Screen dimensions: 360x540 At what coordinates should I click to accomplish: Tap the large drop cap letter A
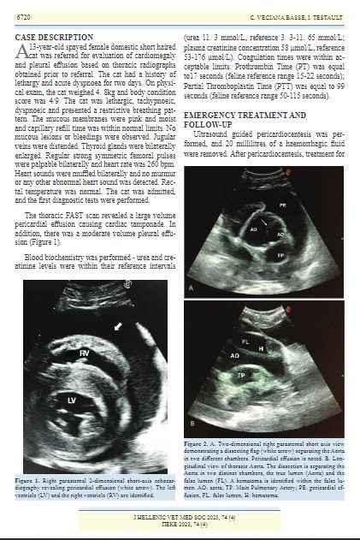(x=23, y=54)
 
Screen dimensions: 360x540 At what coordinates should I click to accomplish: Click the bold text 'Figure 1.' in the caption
(x=40, y=482)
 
